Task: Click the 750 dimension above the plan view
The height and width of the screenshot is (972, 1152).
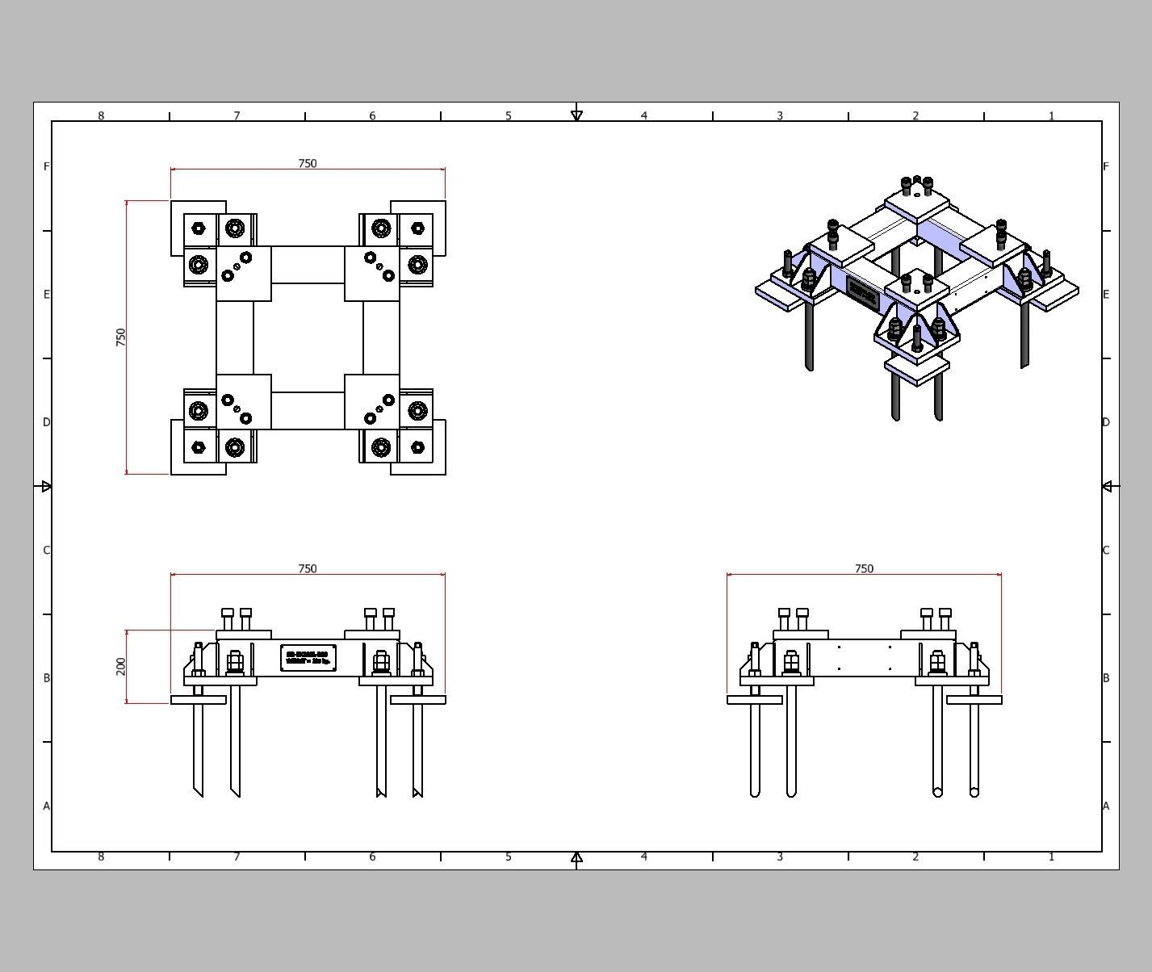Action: (x=308, y=163)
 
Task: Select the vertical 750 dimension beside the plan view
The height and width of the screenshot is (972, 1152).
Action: (x=121, y=337)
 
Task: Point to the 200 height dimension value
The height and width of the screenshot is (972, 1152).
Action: (x=121, y=666)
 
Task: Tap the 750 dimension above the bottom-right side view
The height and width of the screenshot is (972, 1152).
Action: (x=864, y=568)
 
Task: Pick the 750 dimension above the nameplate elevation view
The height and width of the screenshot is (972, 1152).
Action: (x=308, y=568)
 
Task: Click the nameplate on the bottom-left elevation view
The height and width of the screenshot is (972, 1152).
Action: (x=308, y=658)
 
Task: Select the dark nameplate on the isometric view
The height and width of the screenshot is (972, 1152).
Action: (x=863, y=294)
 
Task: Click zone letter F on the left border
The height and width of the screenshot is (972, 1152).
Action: (x=47, y=166)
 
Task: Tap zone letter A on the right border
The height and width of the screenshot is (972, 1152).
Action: (x=1106, y=806)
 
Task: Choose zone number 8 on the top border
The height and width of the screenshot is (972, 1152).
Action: (x=101, y=115)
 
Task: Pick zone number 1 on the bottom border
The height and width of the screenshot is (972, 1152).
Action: (x=1051, y=857)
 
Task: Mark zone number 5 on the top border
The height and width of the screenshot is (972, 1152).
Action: (x=509, y=115)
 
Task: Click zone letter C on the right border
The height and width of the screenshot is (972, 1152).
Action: (x=1106, y=550)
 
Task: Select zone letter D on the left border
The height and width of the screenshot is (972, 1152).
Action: (x=47, y=422)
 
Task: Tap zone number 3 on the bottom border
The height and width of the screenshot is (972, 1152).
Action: (x=780, y=857)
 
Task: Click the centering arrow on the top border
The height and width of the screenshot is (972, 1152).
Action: (x=576, y=116)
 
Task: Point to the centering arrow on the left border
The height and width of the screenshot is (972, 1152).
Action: (x=46, y=486)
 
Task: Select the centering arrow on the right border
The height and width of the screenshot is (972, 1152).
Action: (x=1107, y=486)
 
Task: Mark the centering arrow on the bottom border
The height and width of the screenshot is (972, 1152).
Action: (x=576, y=857)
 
